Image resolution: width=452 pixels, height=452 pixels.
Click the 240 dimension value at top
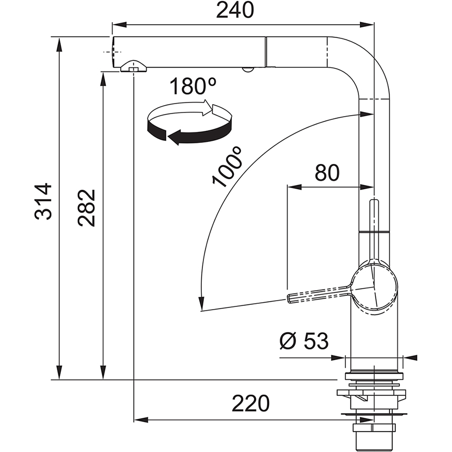point(235,10)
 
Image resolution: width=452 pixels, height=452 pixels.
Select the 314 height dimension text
point(44,201)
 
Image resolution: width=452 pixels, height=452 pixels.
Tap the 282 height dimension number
point(87,207)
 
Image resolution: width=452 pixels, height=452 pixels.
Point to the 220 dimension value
point(251,403)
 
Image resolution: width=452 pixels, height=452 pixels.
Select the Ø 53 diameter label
point(304,342)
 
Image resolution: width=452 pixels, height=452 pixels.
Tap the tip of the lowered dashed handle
point(291,299)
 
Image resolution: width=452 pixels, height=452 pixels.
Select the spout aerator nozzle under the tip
point(133,67)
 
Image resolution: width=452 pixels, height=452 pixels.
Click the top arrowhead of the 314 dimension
point(59,42)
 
